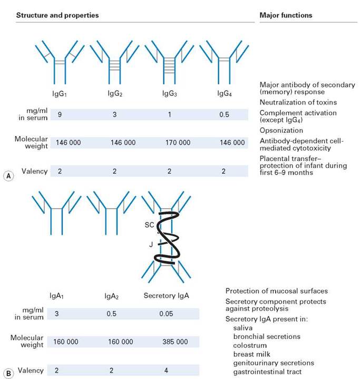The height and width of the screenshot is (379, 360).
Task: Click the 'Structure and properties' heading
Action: [57, 15]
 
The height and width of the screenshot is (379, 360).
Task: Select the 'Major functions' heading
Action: [286, 15]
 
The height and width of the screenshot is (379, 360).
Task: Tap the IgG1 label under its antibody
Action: [60, 93]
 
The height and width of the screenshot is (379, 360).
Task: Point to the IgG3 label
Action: [170, 93]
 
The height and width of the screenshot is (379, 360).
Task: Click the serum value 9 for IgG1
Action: [60, 114]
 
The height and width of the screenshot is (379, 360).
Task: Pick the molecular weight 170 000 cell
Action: [178, 143]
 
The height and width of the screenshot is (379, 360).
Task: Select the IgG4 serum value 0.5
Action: [224, 114]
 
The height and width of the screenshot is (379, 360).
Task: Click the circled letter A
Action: [8, 176]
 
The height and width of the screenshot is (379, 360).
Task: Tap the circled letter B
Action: [8, 374]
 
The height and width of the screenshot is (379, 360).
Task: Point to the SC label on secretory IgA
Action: [149, 225]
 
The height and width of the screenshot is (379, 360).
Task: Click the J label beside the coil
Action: [151, 245]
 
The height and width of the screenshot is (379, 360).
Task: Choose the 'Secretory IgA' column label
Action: [167, 296]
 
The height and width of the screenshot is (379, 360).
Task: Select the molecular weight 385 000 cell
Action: [175, 342]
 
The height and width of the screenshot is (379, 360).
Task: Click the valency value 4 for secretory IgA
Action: [166, 370]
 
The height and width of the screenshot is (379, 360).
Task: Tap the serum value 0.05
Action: [166, 314]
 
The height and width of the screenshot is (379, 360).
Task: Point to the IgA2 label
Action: [111, 296]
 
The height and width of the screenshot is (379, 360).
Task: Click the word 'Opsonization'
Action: [281, 130]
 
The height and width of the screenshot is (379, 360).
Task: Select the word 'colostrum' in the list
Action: [250, 345]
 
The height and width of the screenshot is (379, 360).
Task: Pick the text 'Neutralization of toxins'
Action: [298, 102]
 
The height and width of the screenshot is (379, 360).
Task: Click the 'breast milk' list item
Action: [252, 354]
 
